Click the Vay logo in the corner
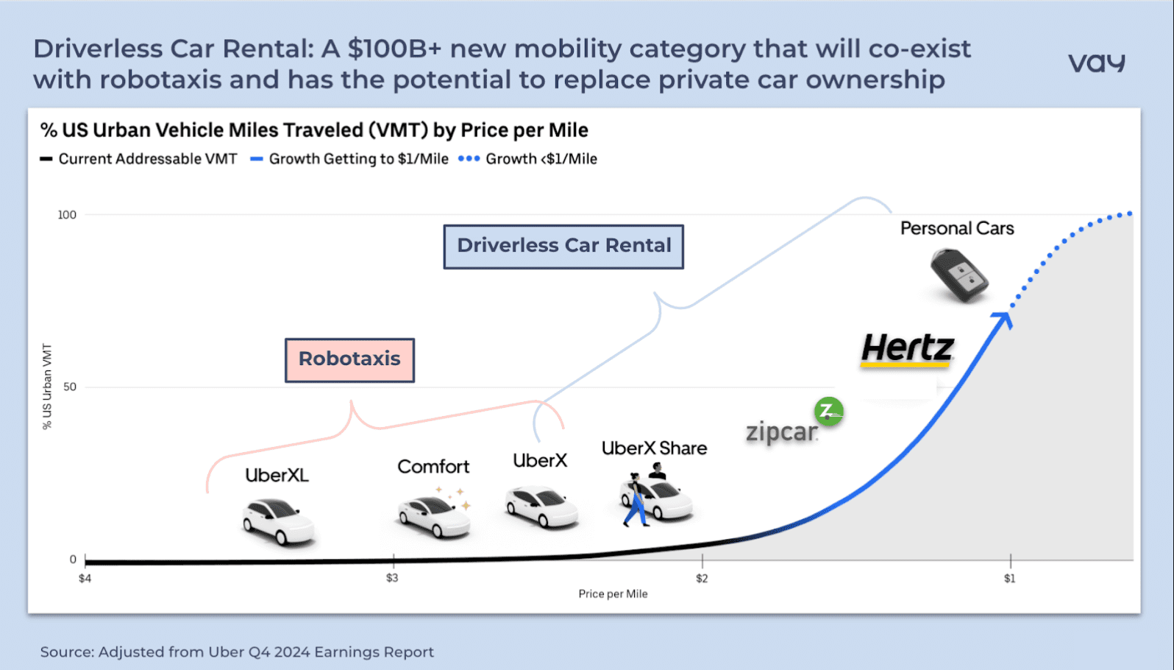coord(1096,63)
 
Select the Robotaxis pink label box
coord(349,359)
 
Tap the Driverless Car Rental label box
coord(563,246)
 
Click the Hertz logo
coord(908,348)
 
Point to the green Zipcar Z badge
coord(829,411)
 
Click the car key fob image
coord(960,275)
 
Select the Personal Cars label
coord(957,228)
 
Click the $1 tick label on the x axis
coord(1010,579)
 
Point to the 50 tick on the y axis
coord(70,387)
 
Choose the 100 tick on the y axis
coord(67,215)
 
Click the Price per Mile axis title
coord(613,594)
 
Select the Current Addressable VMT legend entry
coord(139,159)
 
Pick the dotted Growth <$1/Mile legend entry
coord(528,159)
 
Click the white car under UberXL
coord(278,521)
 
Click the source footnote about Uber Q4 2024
coord(237,652)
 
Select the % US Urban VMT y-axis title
coord(47,387)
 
